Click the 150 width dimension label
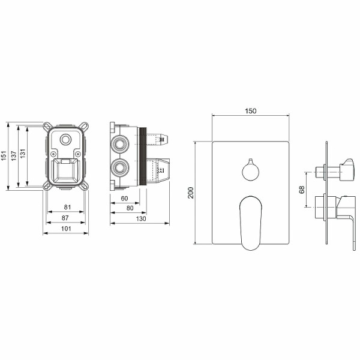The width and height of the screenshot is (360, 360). (x=251, y=112)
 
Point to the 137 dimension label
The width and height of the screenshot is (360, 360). (x=13, y=155)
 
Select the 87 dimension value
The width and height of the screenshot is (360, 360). (x=65, y=218)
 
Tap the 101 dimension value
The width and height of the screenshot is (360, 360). (x=65, y=228)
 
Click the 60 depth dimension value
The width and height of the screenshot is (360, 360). (x=124, y=198)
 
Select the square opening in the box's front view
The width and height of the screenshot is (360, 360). (x=65, y=172)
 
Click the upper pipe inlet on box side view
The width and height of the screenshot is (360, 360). (x=121, y=144)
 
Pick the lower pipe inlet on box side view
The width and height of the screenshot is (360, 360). (x=121, y=166)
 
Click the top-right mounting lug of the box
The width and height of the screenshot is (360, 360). (x=85, y=127)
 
